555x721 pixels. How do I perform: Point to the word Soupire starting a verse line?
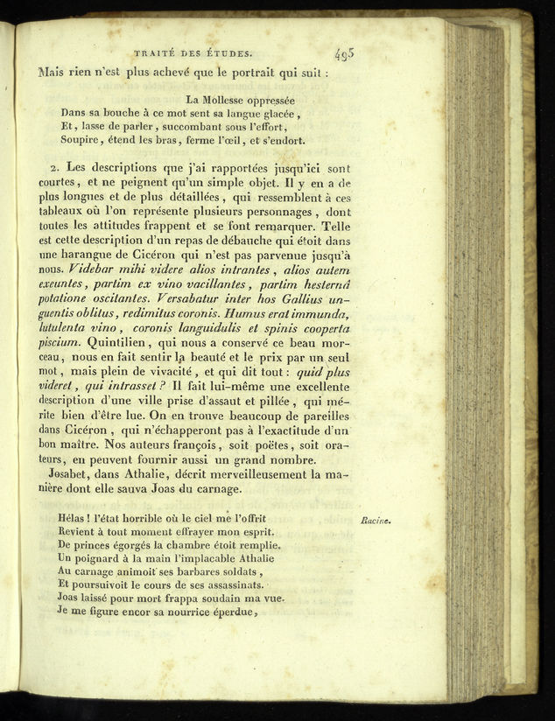click(x=80, y=140)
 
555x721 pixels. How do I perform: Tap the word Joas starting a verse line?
click(x=72, y=598)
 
